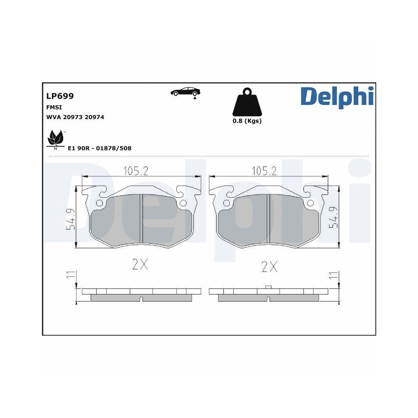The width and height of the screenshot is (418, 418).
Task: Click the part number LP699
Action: click(60, 96)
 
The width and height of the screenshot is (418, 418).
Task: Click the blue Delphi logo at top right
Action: click(336, 97)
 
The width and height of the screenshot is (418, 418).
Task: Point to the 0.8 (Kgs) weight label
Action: click(247, 121)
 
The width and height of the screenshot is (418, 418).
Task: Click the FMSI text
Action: click(54, 107)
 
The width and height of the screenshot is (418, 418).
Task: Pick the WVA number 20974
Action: click(94, 117)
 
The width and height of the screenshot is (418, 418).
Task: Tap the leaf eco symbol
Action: click(55, 138)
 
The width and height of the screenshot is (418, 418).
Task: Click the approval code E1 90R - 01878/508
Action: click(99, 148)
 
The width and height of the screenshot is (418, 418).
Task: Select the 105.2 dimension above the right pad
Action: click(264, 171)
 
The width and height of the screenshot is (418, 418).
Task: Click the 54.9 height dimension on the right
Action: click(333, 217)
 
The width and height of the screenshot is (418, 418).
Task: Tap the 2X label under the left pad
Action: click(140, 265)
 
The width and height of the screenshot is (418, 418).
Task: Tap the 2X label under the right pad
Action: click(270, 266)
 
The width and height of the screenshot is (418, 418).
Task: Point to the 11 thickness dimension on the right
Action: click(334, 275)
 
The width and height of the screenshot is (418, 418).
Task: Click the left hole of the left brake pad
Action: click(99, 204)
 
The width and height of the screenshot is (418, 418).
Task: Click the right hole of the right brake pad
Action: click(310, 204)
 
